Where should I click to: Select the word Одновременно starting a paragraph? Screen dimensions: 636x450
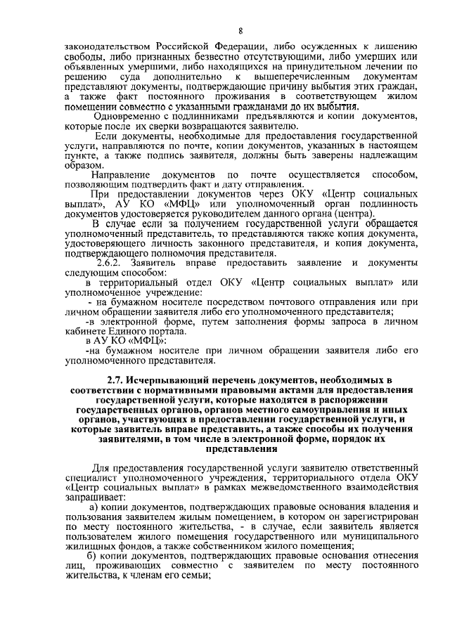131,115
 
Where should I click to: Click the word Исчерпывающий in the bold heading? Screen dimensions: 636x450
158,380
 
